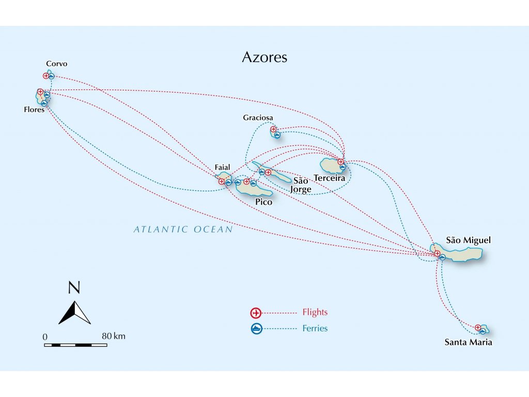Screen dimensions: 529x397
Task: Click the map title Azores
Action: (x=264, y=57)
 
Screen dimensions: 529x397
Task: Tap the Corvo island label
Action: (x=57, y=64)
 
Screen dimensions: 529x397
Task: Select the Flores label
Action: (x=34, y=110)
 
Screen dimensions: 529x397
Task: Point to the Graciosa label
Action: (x=258, y=117)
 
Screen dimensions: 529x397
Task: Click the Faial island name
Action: (x=222, y=167)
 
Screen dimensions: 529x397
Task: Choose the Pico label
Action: (x=263, y=202)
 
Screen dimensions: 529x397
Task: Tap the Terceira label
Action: (x=329, y=178)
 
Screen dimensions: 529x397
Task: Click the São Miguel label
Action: (x=468, y=240)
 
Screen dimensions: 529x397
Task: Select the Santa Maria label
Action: (x=468, y=342)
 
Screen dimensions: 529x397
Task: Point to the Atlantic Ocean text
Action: (x=183, y=230)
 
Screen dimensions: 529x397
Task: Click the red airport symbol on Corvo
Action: (x=46, y=76)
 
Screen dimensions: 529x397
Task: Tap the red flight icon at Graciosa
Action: (x=273, y=129)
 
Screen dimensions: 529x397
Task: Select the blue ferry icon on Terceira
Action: (x=343, y=167)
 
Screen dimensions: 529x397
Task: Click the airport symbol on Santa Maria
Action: (x=478, y=327)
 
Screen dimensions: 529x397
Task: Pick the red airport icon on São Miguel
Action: (x=437, y=253)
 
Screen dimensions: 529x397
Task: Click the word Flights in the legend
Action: (x=315, y=312)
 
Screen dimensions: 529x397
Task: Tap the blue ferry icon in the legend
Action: (x=256, y=328)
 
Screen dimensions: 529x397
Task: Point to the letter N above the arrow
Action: (x=74, y=287)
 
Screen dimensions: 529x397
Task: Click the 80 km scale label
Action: (x=114, y=336)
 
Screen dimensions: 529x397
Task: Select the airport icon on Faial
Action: (x=221, y=181)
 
